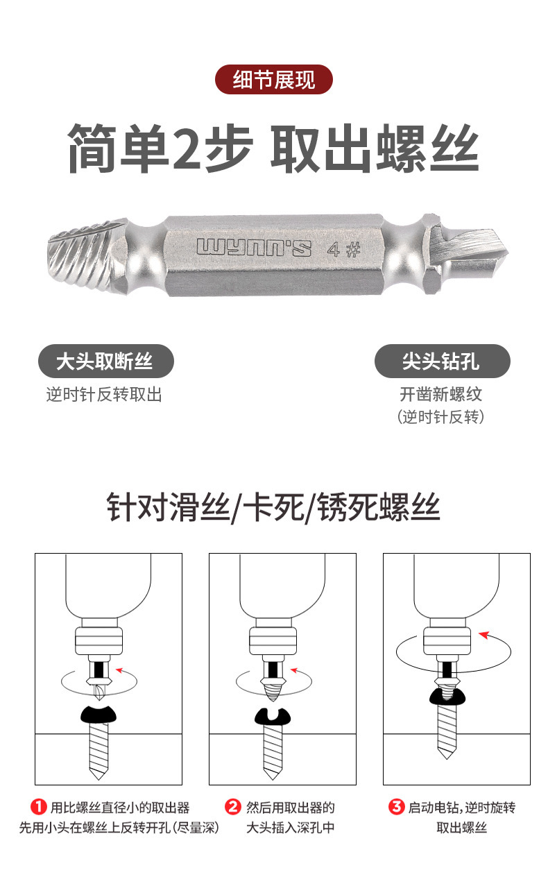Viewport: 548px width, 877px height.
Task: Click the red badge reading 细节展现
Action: [273, 80]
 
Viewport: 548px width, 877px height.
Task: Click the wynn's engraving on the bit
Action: [254, 248]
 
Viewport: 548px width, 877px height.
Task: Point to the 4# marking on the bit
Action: [343, 249]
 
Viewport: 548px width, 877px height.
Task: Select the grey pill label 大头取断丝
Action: [105, 361]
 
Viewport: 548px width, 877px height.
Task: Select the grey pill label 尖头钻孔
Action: [443, 361]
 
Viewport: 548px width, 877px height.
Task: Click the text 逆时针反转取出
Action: [104, 394]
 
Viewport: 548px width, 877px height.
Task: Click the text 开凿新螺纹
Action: [440, 394]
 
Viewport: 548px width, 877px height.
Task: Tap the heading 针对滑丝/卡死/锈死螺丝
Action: [273, 507]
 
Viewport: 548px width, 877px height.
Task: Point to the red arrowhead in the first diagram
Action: [120, 671]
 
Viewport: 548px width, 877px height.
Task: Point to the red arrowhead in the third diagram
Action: [485, 635]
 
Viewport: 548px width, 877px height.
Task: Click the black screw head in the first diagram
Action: [99, 715]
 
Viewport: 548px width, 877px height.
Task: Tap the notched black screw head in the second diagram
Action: [273, 717]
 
